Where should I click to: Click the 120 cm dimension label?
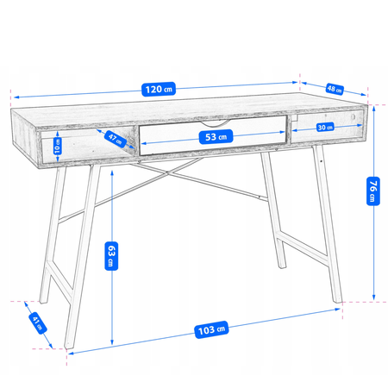coord(159,89)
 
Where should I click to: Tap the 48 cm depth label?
coord(335,89)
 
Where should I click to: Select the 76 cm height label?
coord(373,191)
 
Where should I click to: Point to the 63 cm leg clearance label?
coord(111,256)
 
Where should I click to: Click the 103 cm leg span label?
coord(211,329)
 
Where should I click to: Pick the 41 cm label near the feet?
coord(38,322)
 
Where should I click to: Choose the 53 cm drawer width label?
coord(216,137)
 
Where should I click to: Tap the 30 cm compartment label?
coord(325,127)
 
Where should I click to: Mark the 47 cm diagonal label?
coord(116,139)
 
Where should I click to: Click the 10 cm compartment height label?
coord(58,147)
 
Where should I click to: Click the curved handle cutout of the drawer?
coord(215,124)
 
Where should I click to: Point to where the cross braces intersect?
coord(167,173)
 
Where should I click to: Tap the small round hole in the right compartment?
coord(354,116)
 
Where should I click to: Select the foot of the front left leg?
coord(68,346)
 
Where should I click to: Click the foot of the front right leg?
coord(338,300)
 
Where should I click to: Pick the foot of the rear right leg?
coord(283,266)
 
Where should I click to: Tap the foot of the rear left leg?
coord(43,300)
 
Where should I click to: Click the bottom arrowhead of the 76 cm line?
coord(373,297)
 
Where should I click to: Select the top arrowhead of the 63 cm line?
coord(112,172)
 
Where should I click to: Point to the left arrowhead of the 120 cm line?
coord(16,97)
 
